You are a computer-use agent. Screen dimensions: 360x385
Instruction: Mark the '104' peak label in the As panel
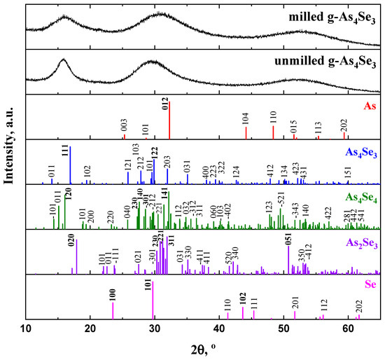(246, 118)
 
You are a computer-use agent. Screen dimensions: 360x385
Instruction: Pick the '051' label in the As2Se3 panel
(288, 237)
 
